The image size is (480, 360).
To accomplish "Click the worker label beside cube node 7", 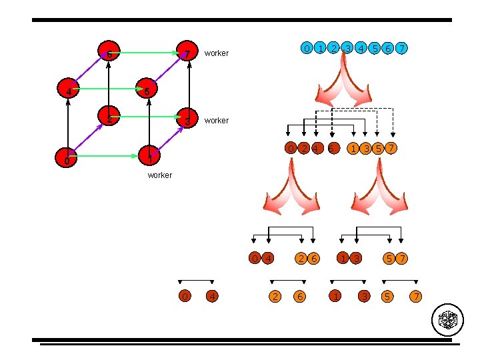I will pos(217,53).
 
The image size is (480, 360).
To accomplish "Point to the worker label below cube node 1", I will pos(159,175).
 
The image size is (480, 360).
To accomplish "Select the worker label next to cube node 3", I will pos(217,121).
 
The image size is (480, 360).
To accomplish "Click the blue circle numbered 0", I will pos(306,48).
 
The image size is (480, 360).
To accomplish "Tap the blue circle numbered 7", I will pos(403,48).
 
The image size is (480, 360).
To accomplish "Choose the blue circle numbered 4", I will pos(361,48).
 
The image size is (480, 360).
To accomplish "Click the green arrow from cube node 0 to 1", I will pos(107,157).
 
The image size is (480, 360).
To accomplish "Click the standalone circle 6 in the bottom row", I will pos(301,295).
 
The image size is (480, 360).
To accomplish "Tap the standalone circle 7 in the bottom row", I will pos(417,295).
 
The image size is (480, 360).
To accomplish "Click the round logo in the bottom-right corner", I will pos(447,321).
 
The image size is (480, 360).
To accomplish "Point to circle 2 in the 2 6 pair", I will pos(301,258).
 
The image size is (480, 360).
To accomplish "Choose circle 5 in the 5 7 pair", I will pos(389,258).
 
